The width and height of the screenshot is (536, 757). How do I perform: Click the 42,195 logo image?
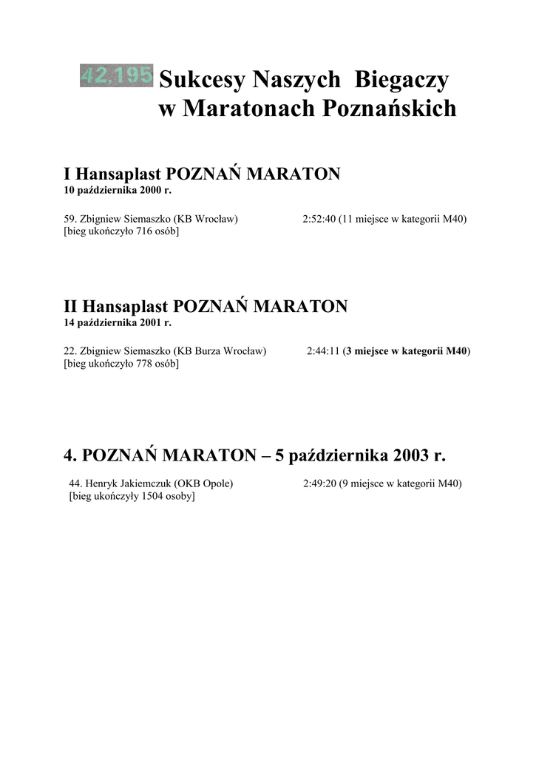tap(116, 75)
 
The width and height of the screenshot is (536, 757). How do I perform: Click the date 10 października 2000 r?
tap(117, 191)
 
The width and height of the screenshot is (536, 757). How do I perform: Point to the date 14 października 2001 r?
tap(117, 323)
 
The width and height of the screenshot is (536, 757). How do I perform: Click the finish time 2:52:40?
tap(319, 219)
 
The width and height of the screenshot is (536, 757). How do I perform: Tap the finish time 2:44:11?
tap(323, 351)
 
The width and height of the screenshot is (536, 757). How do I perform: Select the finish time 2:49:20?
tap(319, 483)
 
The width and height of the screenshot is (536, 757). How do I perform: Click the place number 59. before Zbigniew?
tap(70, 219)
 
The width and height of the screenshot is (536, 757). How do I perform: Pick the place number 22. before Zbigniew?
tap(70, 351)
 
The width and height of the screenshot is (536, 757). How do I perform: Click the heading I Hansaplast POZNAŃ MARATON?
tap(202, 174)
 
